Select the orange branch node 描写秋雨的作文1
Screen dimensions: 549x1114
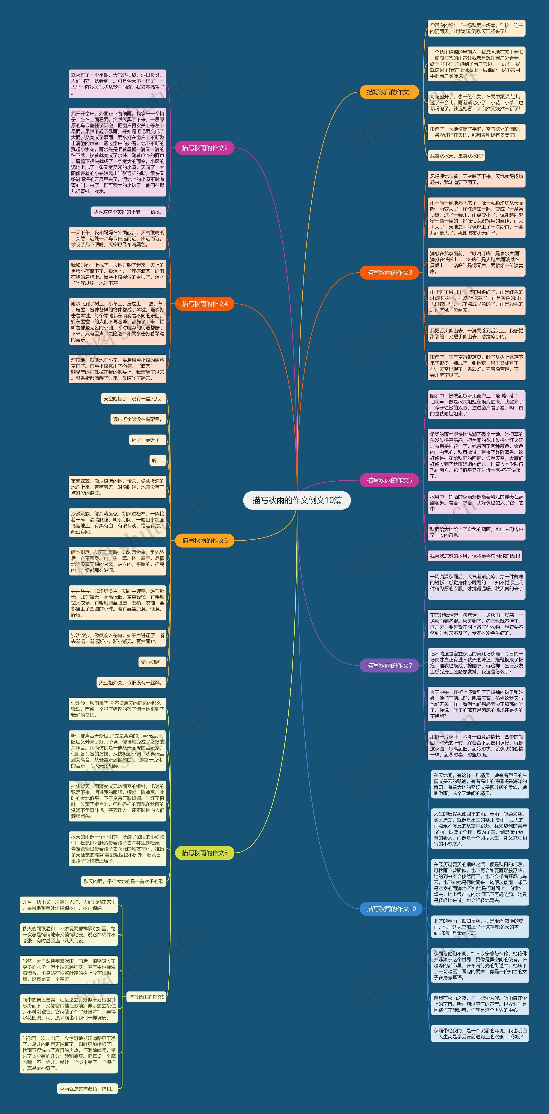(x=389, y=92)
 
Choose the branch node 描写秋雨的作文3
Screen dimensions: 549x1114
(x=389, y=272)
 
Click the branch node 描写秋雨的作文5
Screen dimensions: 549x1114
(x=389, y=480)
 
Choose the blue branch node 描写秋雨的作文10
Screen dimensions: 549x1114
(x=391, y=909)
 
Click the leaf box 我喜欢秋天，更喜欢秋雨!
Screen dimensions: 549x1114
(x=456, y=156)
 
